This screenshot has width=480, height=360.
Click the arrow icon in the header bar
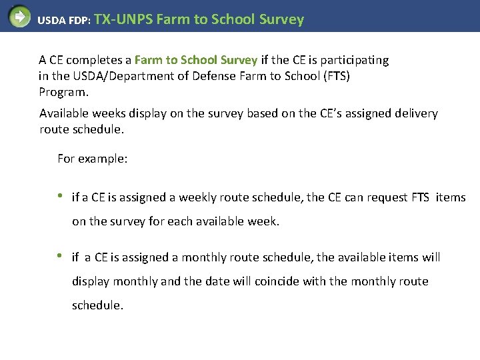(19, 16)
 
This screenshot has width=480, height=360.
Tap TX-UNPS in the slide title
(124, 19)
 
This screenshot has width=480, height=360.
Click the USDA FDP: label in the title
(65, 21)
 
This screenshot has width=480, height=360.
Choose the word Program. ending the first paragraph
(63, 92)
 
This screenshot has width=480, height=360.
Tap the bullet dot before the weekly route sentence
(61, 196)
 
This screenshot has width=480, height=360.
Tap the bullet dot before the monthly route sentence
(61, 256)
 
